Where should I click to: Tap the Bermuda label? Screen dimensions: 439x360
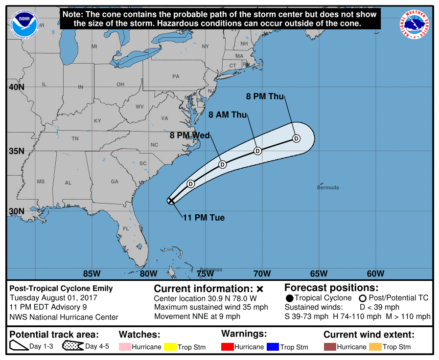pyautogui.click(x=327, y=187)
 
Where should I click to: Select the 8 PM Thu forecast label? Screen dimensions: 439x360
pyautogui.click(x=265, y=96)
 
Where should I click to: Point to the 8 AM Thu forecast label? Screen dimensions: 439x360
pyautogui.click(x=228, y=115)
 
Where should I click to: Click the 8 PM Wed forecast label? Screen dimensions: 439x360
pyautogui.click(x=190, y=135)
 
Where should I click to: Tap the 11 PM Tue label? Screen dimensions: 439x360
pyautogui.click(x=204, y=218)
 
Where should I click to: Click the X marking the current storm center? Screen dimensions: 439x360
pyautogui.click(x=171, y=200)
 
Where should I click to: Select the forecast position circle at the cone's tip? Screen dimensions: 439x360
pyautogui.click(x=296, y=138)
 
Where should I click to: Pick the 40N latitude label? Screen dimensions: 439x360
pyautogui.click(x=16, y=87)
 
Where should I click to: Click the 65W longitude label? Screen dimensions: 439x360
pyautogui.click(x=319, y=273)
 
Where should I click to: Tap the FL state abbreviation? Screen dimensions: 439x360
pyautogui.click(x=126, y=228)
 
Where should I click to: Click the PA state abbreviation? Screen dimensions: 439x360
pyautogui.click(x=176, y=76)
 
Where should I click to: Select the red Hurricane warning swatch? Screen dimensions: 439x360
pyautogui.click(x=227, y=347)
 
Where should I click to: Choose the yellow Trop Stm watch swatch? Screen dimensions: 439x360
pyautogui.click(x=170, y=347)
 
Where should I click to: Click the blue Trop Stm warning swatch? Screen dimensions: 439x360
pyautogui.click(x=273, y=347)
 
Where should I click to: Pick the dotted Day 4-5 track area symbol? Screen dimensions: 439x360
pyautogui.click(x=72, y=346)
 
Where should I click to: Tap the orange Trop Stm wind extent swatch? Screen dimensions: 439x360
pyautogui.click(x=375, y=347)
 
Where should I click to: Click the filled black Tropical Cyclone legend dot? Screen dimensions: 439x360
pyautogui.click(x=290, y=298)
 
